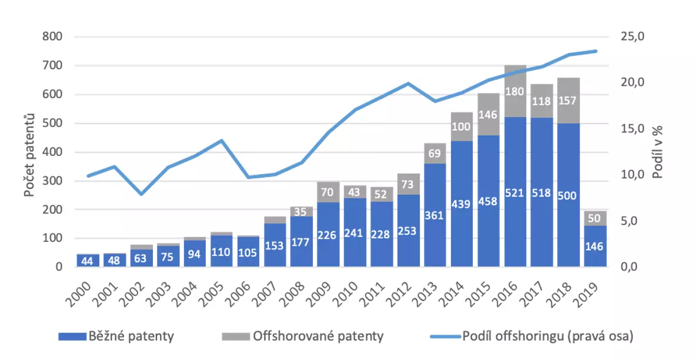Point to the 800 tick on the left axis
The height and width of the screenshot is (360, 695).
[x=53, y=37]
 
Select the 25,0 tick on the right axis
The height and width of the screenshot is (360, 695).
[x=634, y=37]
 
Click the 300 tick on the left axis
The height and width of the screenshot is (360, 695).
[x=53, y=181]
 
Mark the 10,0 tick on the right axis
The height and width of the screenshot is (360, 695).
[x=634, y=175]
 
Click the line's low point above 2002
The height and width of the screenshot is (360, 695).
[x=141, y=194]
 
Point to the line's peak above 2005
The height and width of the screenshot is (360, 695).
[x=222, y=141]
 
